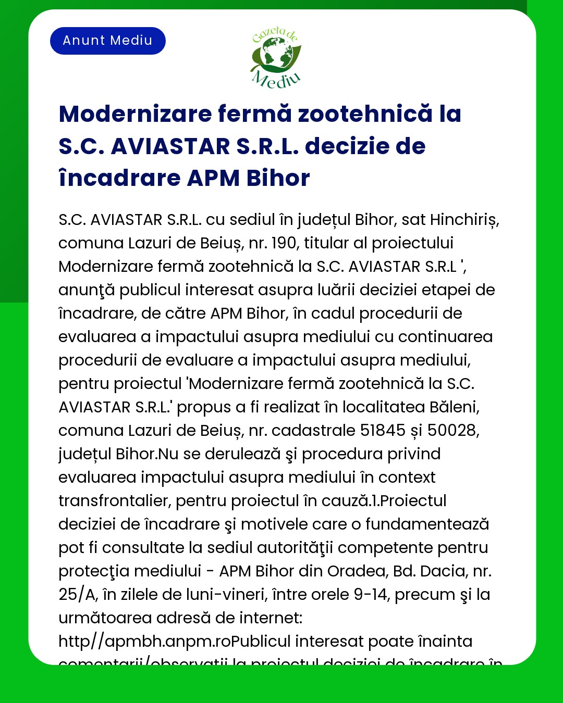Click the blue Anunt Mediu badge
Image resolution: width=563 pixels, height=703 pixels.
click(108, 41)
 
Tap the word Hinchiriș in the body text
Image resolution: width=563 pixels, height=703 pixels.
click(464, 220)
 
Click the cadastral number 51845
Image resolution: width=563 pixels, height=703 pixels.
click(383, 431)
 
